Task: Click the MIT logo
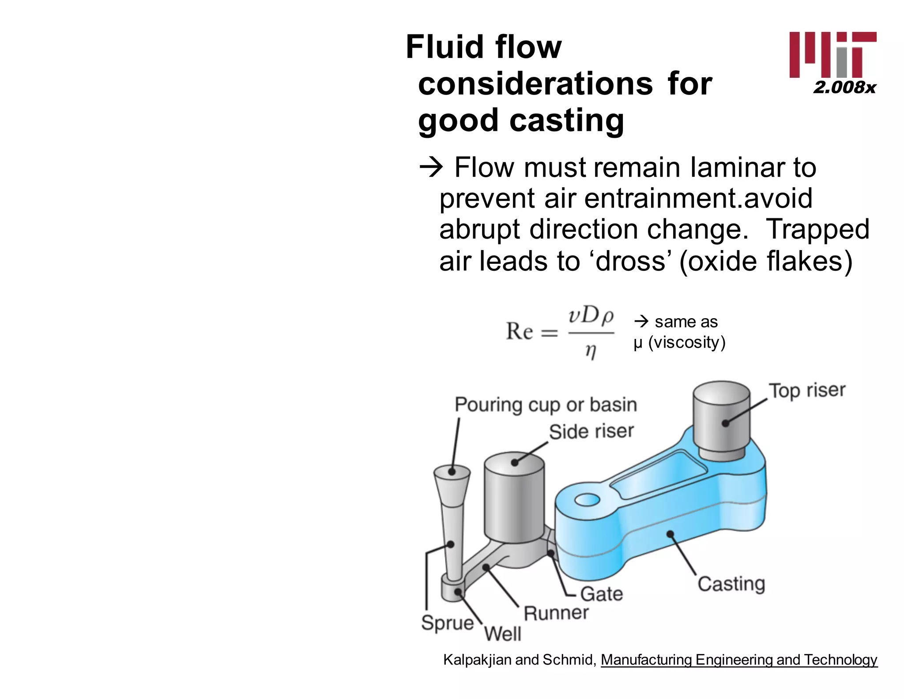tap(832, 55)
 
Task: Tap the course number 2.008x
tap(844, 87)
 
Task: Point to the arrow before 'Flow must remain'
tap(431, 168)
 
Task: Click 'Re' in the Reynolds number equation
tap(519, 331)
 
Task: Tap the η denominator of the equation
tap(591, 351)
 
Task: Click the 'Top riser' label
tap(807, 390)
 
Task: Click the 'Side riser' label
tap(591, 431)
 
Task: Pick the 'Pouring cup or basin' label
tap(546, 404)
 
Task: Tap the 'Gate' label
tap(601, 593)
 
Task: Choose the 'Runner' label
tap(556, 613)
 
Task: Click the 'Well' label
tap(502, 634)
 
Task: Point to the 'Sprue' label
tap(447, 622)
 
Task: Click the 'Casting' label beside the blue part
tap(731, 583)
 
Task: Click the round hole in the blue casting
tap(587, 500)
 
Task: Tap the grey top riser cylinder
tap(721, 420)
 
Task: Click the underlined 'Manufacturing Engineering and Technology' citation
tap(738, 660)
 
